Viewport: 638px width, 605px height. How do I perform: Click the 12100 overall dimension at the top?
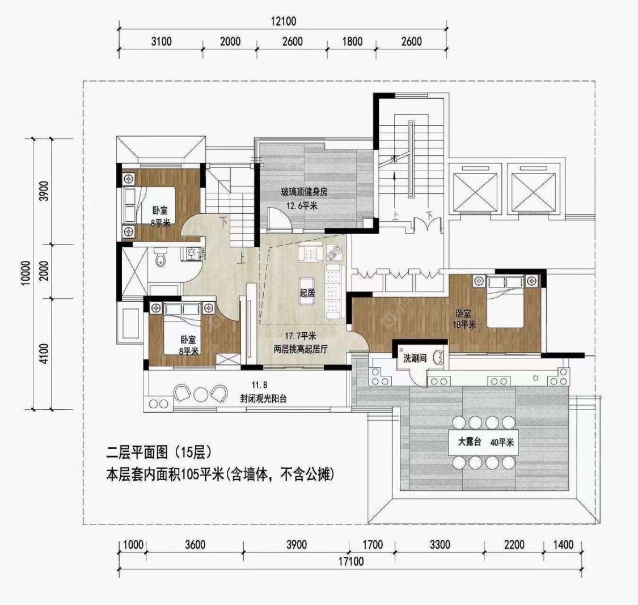284,22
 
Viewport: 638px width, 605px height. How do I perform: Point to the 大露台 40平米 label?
485,443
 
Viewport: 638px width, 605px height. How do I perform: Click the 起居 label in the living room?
307,293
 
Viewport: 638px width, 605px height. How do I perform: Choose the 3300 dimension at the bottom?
440,545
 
